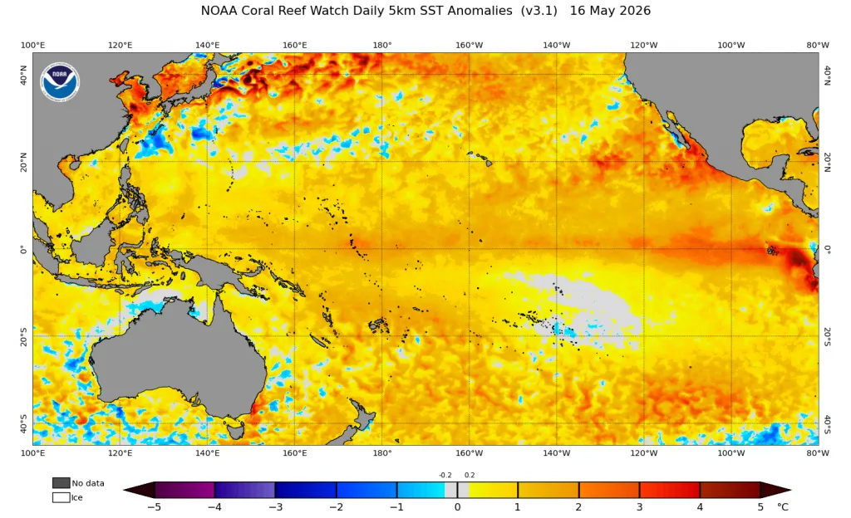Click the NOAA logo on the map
60,82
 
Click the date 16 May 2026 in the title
610,11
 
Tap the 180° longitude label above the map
382,45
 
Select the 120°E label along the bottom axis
120,453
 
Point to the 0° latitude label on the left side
23,249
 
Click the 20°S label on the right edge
827,336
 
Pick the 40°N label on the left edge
23,75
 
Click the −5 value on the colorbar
154,507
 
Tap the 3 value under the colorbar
639,507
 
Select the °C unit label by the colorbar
782,507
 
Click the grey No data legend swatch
61,483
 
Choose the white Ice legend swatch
61,497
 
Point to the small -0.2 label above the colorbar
445,475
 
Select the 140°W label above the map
556,45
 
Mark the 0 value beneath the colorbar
458,507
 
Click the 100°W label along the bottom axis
730,453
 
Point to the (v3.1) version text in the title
539,11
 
